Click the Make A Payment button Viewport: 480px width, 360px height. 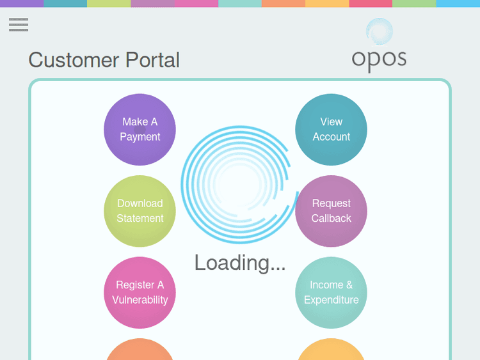(x=140, y=129)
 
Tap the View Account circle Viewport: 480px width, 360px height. (x=331, y=129)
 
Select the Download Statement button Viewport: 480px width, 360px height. (x=140, y=211)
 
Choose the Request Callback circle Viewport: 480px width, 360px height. (x=331, y=211)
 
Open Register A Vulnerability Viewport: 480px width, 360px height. (x=140, y=292)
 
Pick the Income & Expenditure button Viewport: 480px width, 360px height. (x=331, y=292)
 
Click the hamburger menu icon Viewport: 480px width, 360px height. (x=19, y=25)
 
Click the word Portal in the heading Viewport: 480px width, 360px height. (x=152, y=60)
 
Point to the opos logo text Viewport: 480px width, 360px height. (x=379, y=59)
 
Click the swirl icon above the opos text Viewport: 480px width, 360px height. (x=380, y=31)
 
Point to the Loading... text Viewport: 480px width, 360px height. (x=240, y=262)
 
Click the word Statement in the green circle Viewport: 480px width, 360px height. (x=140, y=219)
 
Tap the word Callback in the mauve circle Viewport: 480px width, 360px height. (x=331, y=219)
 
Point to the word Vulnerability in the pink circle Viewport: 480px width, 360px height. (x=140, y=300)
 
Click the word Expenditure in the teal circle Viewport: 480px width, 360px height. (x=331, y=300)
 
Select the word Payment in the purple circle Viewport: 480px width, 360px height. (x=140, y=137)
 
